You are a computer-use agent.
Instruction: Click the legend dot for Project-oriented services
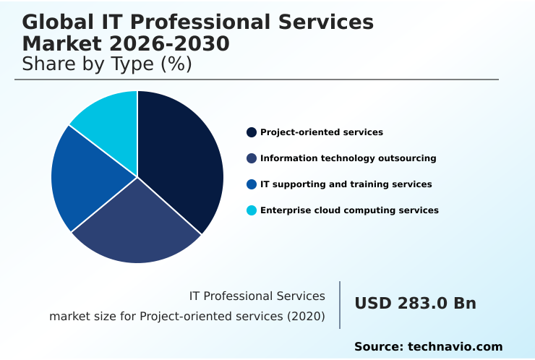click(x=252, y=132)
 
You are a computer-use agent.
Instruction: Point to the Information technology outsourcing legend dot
click(x=252, y=158)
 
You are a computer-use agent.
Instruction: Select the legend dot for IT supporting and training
click(x=252, y=184)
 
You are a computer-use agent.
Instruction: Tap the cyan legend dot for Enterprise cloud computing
click(x=252, y=210)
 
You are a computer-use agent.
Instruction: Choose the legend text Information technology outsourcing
click(x=348, y=158)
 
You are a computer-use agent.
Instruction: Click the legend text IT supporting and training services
click(x=346, y=184)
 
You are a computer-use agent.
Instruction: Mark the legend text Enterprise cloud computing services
click(x=349, y=210)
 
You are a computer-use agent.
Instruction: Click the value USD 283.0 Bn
click(x=415, y=304)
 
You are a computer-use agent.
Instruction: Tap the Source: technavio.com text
click(x=428, y=347)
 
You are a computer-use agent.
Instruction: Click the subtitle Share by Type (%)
click(x=107, y=64)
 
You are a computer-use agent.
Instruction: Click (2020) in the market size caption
click(x=307, y=317)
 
